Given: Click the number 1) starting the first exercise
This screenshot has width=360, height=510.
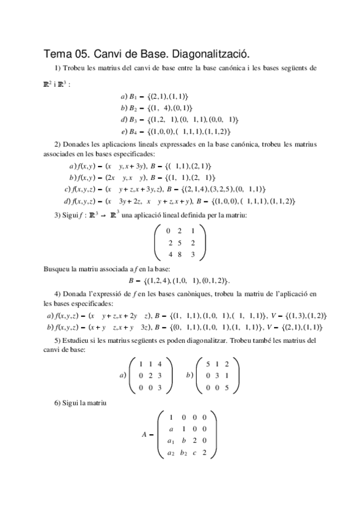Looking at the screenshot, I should click(x=58, y=68).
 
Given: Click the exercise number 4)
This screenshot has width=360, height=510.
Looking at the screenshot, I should click(x=58, y=293).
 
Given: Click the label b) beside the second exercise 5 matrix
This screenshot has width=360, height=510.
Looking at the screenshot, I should click(x=190, y=375).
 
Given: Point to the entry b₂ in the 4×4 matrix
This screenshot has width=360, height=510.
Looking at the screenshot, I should click(x=184, y=452).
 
